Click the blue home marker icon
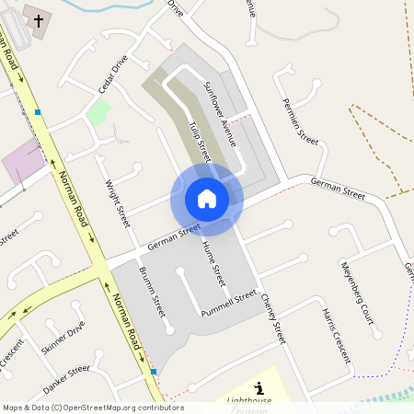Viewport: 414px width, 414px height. [x=207, y=199]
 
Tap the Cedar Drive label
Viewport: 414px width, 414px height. [x=113, y=76]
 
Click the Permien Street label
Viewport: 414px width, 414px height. [x=300, y=121]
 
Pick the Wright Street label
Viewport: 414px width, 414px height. [x=118, y=203]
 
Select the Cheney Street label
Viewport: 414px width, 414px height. [x=273, y=318]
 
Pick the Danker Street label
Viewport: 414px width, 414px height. [x=66, y=377]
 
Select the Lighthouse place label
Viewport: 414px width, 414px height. [x=249, y=401]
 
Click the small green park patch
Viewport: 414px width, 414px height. [x=98, y=113]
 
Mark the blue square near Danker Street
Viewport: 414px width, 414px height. [x=153, y=371]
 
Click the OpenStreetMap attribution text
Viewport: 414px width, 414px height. [x=93, y=408]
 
